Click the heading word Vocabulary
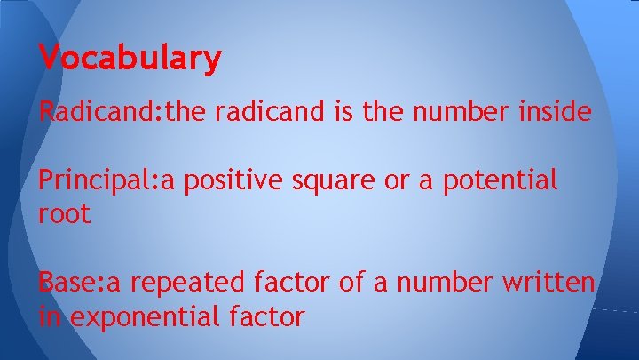click(x=130, y=59)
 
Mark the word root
click(x=64, y=214)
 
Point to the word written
click(x=548, y=283)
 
